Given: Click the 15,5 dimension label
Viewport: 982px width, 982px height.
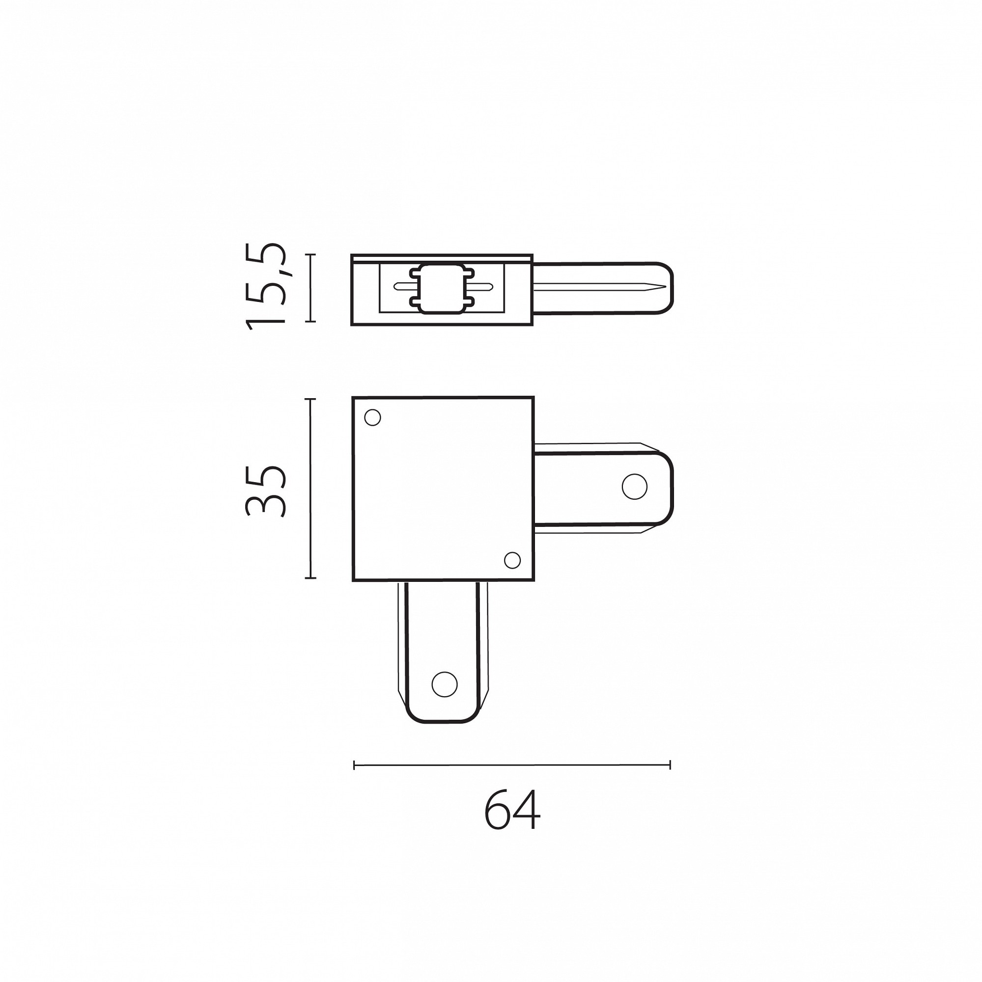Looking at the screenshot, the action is (266, 287).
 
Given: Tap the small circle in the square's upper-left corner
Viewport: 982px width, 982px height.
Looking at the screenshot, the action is (373, 417).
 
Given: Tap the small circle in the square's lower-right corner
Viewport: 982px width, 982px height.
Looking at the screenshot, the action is (512, 560).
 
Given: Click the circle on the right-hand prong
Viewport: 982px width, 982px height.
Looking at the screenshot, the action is (634, 487).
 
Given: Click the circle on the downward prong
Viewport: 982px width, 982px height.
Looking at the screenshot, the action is (445, 684).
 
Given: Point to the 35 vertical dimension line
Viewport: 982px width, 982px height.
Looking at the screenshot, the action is (310, 489).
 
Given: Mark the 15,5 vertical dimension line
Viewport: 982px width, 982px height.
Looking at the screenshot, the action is (310, 288).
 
